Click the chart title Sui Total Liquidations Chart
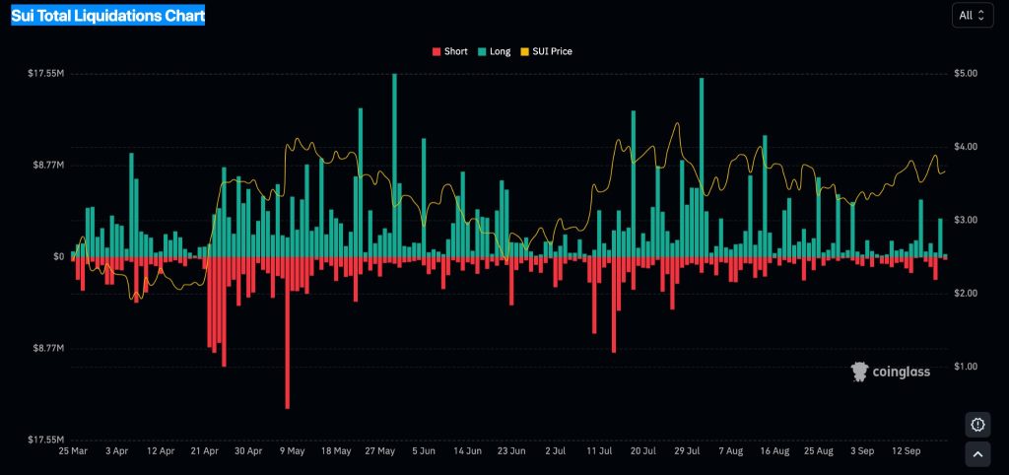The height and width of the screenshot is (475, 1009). tap(107, 16)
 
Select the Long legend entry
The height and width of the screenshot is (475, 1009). tap(494, 51)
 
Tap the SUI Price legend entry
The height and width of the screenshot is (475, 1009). tap(546, 51)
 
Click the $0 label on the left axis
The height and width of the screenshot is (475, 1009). tap(58, 257)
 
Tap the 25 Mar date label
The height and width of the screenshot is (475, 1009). tap(73, 451)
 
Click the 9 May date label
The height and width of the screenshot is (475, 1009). tap(293, 451)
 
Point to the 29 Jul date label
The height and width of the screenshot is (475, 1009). tap(687, 451)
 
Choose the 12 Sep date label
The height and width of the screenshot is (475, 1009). tap(907, 451)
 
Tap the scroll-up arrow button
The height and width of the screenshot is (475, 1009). tap(977, 454)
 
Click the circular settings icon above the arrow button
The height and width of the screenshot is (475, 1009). tap(977, 425)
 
